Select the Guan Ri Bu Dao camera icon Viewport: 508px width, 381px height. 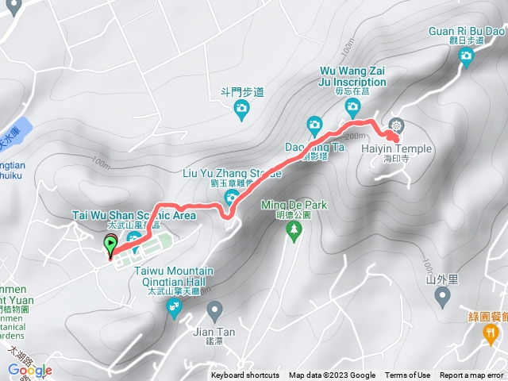(466, 55)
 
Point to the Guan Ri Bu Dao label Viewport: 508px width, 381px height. (467, 31)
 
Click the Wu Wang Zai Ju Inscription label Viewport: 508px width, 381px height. (352, 77)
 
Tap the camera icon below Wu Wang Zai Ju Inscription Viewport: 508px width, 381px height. (352, 106)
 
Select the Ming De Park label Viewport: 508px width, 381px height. (293, 204)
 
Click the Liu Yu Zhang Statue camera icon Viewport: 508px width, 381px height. (232, 196)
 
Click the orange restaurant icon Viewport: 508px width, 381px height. (491, 336)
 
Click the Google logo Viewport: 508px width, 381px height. (30, 370)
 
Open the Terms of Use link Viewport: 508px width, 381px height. (407, 375)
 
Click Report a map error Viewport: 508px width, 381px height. (471, 375)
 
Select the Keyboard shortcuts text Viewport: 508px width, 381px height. (245, 375)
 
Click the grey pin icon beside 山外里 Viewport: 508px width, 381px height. (443, 297)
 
